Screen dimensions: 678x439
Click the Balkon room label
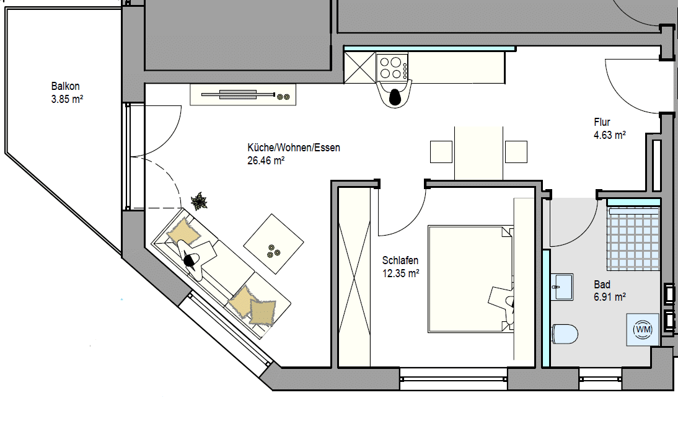65,86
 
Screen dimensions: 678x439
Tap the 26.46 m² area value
266,161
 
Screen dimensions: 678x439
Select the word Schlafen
400,260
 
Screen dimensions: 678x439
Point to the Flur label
602,122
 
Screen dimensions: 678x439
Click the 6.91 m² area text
610,297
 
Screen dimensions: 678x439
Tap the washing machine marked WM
643,329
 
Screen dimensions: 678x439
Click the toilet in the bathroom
565,334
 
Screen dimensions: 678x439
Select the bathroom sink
562,286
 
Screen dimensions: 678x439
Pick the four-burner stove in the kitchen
392,68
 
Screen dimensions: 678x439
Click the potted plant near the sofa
200,202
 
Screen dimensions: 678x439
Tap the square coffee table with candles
273,244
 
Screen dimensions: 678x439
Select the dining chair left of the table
441,152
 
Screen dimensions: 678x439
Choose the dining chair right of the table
516,152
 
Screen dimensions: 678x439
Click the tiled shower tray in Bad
633,238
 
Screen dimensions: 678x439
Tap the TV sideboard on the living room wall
243,95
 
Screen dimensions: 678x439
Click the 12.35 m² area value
401,273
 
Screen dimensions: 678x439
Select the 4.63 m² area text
610,135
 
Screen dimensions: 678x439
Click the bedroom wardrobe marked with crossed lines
354,277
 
